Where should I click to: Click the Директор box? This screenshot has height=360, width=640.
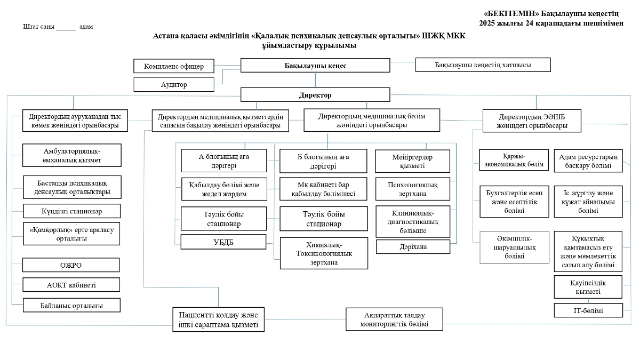coord(315,95)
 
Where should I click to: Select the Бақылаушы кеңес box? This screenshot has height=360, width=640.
coord(315,66)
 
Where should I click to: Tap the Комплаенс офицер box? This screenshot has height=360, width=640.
coord(173,66)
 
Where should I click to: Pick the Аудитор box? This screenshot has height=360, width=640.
coord(173,84)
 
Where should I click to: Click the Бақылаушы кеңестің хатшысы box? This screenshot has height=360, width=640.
coord(483,65)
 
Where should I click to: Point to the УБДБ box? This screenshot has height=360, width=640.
coord(223,242)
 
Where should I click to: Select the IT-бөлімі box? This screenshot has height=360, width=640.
coord(588,310)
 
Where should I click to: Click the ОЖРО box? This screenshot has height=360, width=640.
coord(71,265)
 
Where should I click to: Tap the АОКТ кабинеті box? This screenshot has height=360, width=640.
coord(71,285)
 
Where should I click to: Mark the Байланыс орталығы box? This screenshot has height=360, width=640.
coord(71,305)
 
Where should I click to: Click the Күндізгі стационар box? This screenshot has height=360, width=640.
coord(71,211)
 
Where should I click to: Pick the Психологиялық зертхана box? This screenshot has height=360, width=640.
coord(413,189)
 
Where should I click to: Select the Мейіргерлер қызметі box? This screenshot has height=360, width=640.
coord(413,161)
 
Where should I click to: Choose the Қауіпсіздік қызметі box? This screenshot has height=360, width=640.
coord(588,287)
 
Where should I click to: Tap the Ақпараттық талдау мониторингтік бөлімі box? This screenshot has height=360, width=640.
coord(394,319)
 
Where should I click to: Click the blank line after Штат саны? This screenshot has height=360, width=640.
coord(66,27)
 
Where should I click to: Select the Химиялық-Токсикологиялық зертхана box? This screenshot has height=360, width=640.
coord(324,253)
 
